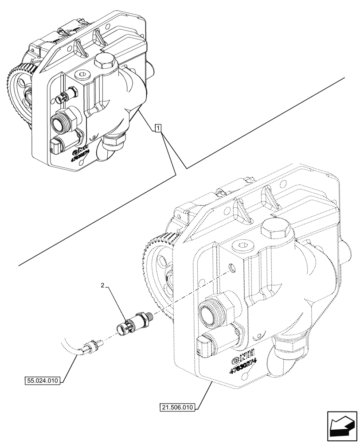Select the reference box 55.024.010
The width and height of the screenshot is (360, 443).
42,380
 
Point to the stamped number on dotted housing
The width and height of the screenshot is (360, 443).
242,362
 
